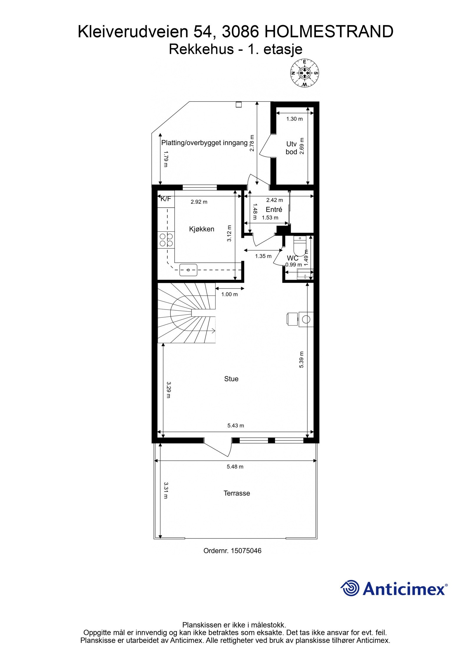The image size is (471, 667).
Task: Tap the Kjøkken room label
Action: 202,229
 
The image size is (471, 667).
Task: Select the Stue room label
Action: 231,379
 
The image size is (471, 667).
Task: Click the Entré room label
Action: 274,209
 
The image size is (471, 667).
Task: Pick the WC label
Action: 293,258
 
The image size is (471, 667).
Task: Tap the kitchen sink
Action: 188,270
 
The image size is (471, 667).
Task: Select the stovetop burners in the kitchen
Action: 166,240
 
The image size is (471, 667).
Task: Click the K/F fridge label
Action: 166,199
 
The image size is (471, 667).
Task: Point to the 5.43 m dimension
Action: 235,425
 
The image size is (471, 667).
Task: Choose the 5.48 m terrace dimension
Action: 235,467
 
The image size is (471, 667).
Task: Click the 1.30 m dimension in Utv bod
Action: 294,119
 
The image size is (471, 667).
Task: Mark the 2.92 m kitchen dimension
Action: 199,202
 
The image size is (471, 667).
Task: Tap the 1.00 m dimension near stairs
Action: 230,294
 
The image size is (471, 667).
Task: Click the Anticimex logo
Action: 394,589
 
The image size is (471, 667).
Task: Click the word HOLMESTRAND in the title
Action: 329,32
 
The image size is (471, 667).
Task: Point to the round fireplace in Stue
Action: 306,319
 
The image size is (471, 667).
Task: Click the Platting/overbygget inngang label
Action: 204,143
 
